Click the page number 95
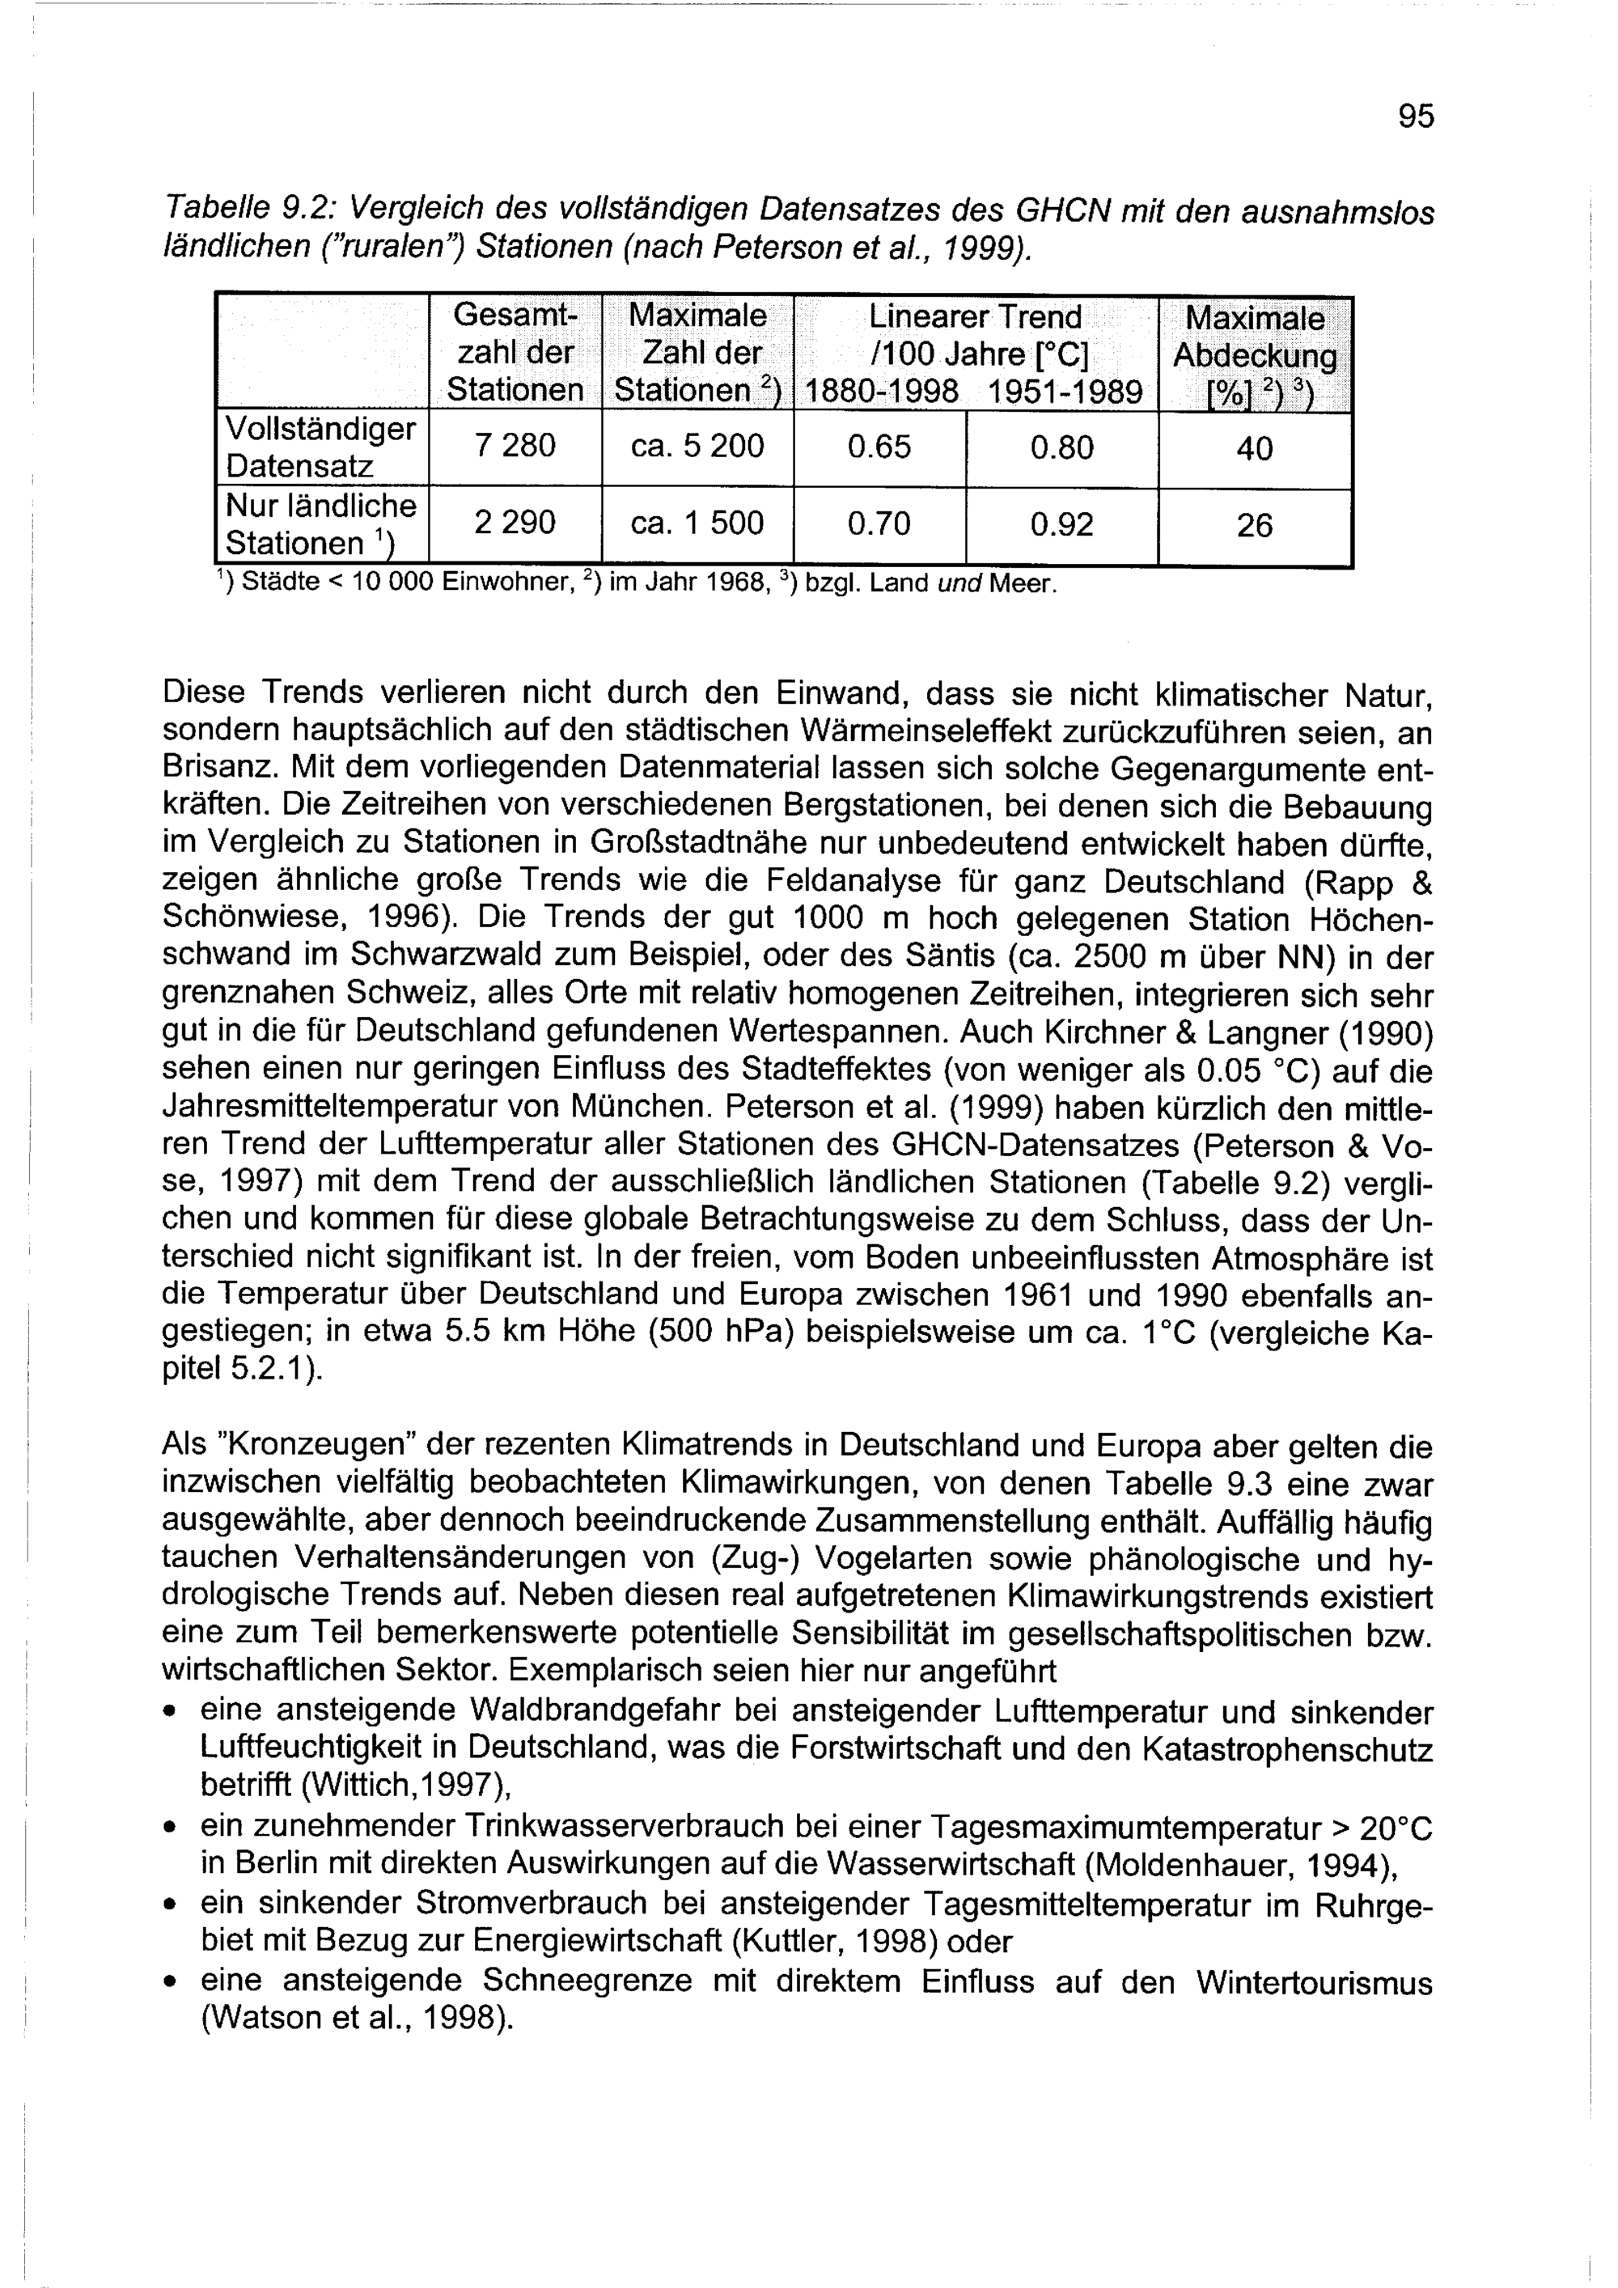[x=1416, y=117]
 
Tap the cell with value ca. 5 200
[x=697, y=446]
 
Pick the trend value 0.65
[x=879, y=447]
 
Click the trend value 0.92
[x=1061, y=524]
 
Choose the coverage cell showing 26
[x=1254, y=525]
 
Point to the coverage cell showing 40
[x=1254, y=448]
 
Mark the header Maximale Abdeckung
[x=1254, y=337]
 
